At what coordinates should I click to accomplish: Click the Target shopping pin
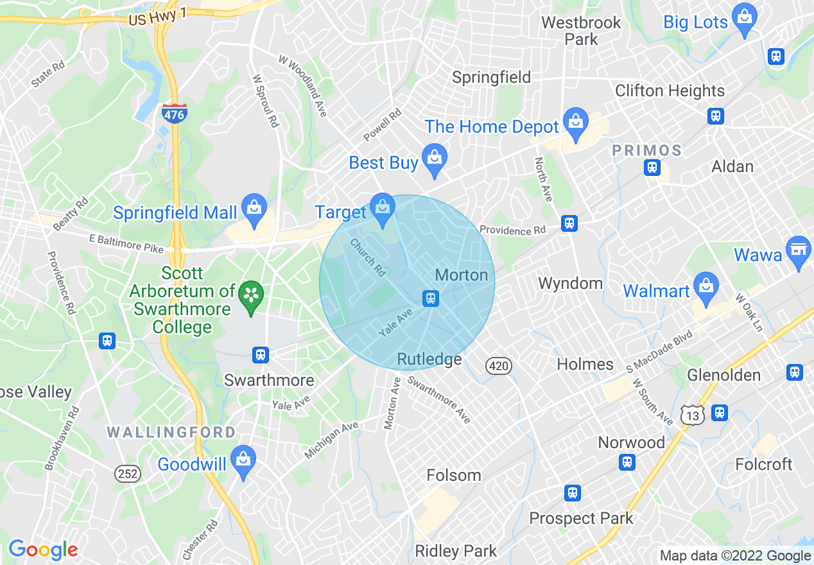coord(383,209)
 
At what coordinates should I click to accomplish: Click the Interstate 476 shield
coord(174,113)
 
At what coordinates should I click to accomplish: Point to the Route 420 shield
coord(499,366)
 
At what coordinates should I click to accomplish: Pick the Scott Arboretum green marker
coord(250,297)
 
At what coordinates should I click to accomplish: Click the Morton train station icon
coord(430,298)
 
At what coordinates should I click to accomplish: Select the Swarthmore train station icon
coord(260,354)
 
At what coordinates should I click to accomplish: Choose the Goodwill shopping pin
coord(243,460)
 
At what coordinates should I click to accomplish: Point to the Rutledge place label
coord(429,359)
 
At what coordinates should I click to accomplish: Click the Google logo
coord(43,550)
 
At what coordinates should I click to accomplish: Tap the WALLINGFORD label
coord(171,432)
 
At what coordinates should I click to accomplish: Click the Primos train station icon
coord(652,168)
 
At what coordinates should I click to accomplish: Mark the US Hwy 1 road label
coord(159,19)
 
